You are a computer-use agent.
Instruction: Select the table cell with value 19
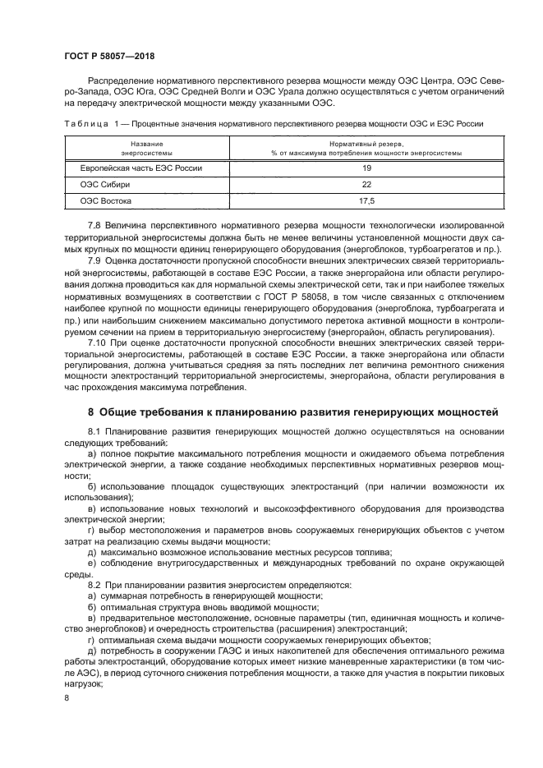click(366, 168)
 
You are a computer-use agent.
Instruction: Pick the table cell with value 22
click(366, 184)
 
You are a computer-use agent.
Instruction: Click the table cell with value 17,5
click(366, 200)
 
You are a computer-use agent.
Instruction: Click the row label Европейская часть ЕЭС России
click(140, 168)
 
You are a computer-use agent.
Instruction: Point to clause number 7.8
click(95, 225)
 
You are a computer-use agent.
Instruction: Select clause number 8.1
click(95, 431)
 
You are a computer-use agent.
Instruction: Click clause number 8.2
click(95, 585)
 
